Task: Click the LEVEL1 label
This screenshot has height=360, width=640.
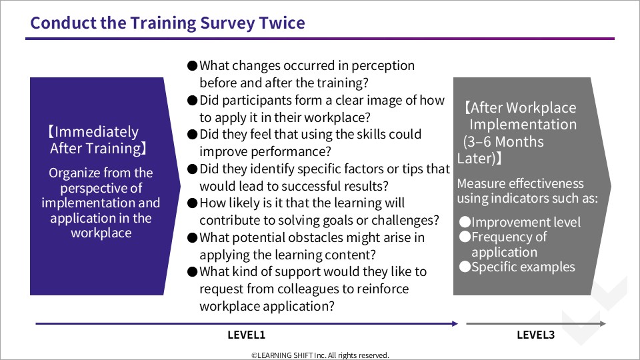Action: click(x=247, y=335)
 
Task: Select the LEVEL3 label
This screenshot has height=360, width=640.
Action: click(x=535, y=335)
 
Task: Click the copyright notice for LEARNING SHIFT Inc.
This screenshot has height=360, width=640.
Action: click(x=320, y=355)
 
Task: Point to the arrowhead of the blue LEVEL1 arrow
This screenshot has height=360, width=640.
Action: click(x=455, y=324)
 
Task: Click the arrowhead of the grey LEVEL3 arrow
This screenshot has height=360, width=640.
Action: click(x=603, y=324)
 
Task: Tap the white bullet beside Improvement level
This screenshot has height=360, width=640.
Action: click(x=465, y=221)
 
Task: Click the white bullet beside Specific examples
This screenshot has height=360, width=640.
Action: click(x=465, y=267)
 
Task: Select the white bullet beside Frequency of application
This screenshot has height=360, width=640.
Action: click(x=465, y=237)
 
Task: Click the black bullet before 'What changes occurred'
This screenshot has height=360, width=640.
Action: click(x=192, y=66)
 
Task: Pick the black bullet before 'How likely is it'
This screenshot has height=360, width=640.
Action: click(x=192, y=203)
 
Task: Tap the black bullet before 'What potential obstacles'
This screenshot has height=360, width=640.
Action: click(x=192, y=237)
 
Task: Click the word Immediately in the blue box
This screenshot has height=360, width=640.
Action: click(x=96, y=132)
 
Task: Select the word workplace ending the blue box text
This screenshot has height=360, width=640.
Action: click(x=101, y=233)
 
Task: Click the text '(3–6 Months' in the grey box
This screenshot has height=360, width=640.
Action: click(x=503, y=141)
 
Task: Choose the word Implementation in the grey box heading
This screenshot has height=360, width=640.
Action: click(x=523, y=125)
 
